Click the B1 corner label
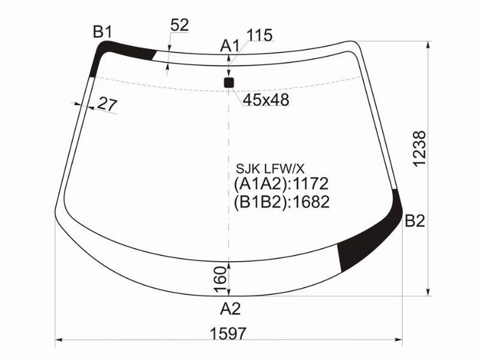coord(103,32)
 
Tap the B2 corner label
coord(415,221)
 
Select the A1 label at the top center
coord(230,46)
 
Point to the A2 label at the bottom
coord(230,309)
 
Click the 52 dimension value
coord(179,25)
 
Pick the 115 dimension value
coord(259,35)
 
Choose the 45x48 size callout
coord(266,100)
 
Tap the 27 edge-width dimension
coord(107,104)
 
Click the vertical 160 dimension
coord(220,279)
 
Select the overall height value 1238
coord(419,149)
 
